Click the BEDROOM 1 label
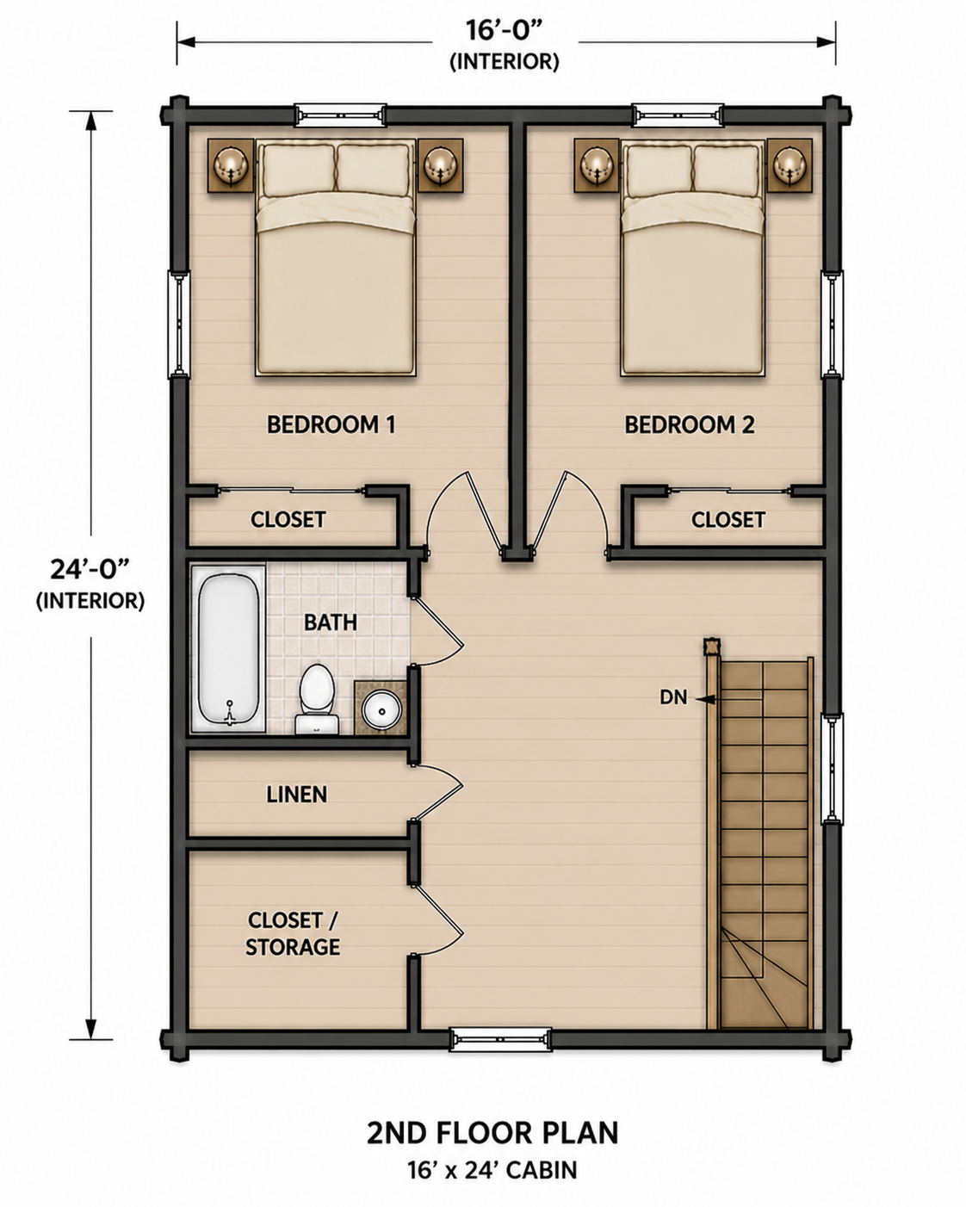(x=331, y=424)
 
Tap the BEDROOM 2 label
(x=690, y=424)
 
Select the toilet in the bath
(x=317, y=699)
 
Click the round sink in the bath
(x=382, y=710)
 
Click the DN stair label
(x=673, y=697)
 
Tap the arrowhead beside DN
(x=704, y=699)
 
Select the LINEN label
(x=296, y=795)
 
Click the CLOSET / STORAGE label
(x=293, y=933)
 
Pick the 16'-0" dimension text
(x=505, y=31)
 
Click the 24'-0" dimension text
(x=90, y=570)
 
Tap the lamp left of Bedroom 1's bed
(x=231, y=165)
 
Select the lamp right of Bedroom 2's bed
(x=790, y=165)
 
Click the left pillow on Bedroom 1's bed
(x=298, y=169)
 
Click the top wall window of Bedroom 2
(x=677, y=115)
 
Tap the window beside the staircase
(x=833, y=769)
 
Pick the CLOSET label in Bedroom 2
(x=728, y=520)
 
